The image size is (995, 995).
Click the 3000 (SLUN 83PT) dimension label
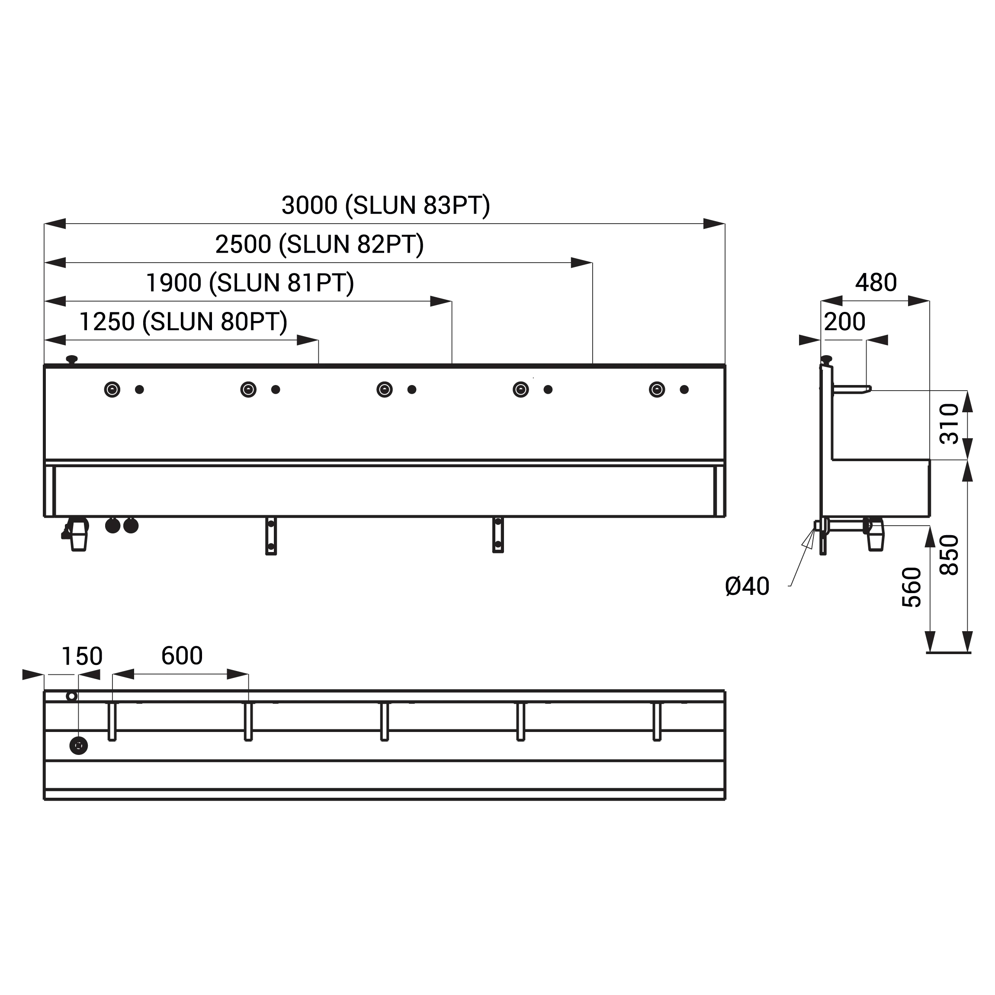386,205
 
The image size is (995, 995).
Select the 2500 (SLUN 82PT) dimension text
319,244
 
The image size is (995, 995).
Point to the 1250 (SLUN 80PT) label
183,322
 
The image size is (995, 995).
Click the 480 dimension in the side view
876,283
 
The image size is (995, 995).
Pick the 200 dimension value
844,322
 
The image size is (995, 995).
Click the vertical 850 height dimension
949,555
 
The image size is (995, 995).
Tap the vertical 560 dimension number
912,587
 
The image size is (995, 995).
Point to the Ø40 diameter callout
747,586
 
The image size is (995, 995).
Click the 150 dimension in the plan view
82,657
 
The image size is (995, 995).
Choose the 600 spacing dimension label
182,655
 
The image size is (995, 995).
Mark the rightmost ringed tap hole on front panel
657,389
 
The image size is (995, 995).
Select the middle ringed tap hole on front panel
385,389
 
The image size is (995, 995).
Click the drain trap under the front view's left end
76,534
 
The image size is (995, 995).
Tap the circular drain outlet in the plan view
78,746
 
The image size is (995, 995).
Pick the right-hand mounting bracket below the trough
498,535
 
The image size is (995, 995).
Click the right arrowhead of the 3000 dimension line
714,224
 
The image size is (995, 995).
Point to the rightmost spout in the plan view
657,722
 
